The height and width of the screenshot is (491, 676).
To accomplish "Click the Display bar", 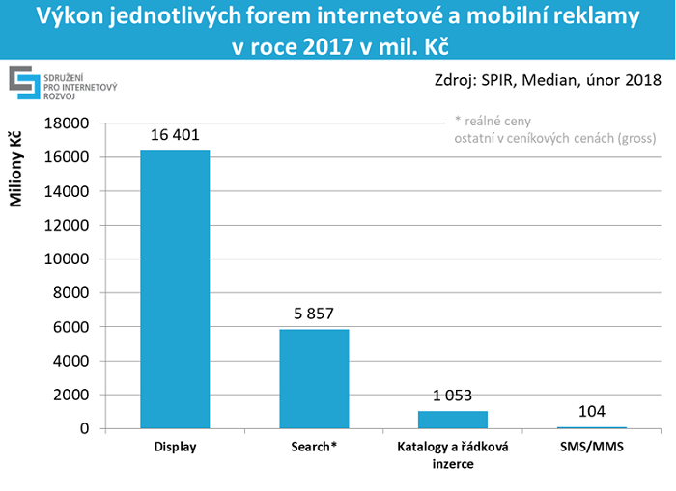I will click(175, 289).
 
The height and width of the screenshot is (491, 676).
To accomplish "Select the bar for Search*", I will click(314, 378).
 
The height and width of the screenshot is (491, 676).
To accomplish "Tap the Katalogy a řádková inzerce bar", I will click(452, 420).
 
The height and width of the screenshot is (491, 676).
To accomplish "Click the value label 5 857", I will click(314, 314).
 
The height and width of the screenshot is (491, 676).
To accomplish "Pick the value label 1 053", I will click(452, 396).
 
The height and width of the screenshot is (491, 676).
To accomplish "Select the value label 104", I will click(591, 412).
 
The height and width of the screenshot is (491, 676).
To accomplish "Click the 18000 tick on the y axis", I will click(69, 123).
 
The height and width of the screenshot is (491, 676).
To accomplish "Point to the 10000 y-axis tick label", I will click(69, 259).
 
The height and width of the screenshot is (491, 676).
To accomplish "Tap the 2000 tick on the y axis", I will click(72, 395).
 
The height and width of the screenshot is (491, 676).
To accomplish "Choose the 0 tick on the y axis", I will click(84, 428).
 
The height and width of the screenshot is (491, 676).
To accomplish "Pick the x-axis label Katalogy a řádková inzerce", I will click(452, 456).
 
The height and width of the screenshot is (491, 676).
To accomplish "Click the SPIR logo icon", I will click(24, 83).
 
